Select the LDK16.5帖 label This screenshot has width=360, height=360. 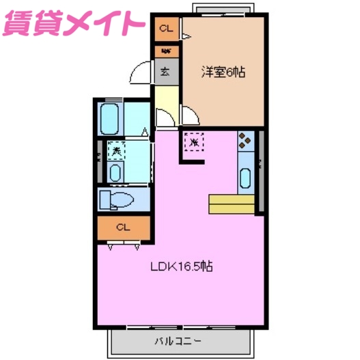181,266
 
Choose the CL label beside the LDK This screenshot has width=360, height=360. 123,227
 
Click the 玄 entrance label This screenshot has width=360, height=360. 165,70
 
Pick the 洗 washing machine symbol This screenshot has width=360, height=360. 116,150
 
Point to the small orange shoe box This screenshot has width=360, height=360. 166,50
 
